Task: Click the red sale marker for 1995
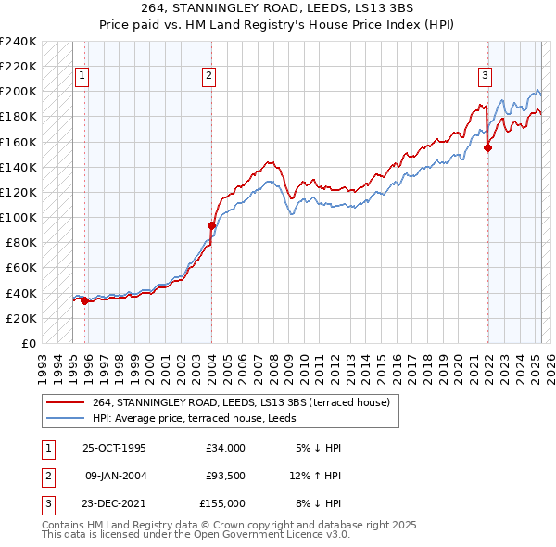click(84, 300)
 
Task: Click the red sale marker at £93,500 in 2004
click(211, 225)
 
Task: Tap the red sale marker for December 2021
click(488, 147)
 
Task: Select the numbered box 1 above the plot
click(82, 76)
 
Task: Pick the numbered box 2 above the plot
click(209, 76)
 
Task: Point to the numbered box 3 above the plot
click(485, 76)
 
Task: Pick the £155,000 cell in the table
click(222, 503)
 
